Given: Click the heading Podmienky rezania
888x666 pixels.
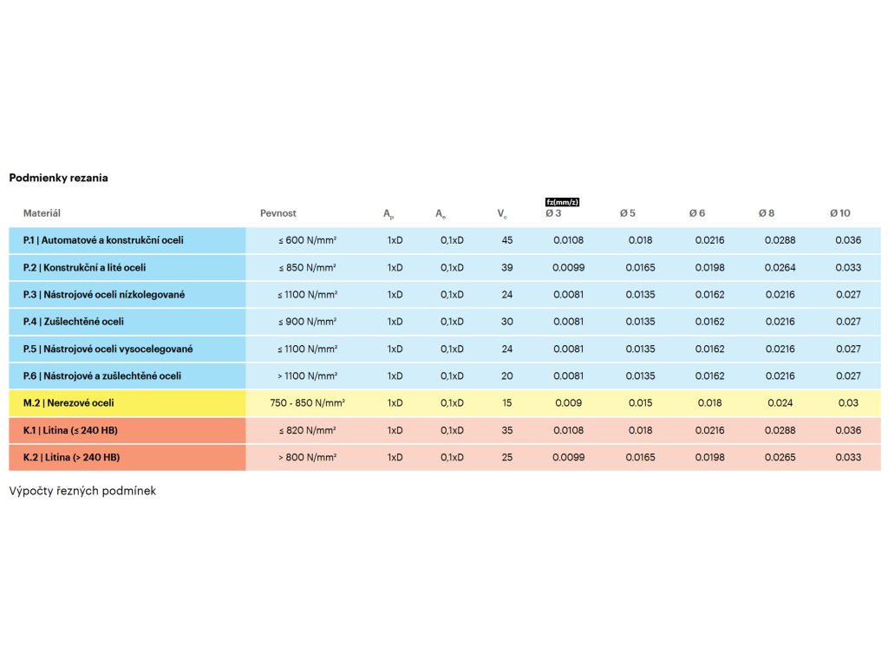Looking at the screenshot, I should click(x=58, y=178).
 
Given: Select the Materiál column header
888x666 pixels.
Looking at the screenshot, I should click(x=42, y=213).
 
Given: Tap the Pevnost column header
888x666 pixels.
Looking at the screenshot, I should click(x=277, y=213).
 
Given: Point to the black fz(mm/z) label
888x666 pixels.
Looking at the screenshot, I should click(x=562, y=202).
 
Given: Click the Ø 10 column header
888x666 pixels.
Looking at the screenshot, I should click(x=839, y=213).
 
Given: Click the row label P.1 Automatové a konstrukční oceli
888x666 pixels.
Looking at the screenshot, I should click(x=103, y=240).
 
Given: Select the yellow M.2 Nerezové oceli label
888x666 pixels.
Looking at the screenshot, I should click(x=69, y=403).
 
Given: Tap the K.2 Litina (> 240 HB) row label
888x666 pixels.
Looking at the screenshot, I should click(x=71, y=457).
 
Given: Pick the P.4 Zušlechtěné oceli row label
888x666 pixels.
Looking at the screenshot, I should click(x=74, y=322).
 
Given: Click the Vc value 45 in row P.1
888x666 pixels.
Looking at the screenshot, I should click(x=507, y=240).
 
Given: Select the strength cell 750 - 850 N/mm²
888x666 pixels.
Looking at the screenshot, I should click(x=301, y=403).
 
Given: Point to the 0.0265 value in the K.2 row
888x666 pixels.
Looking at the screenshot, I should click(x=780, y=457).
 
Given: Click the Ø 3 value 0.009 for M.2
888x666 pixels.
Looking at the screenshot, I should click(x=568, y=403).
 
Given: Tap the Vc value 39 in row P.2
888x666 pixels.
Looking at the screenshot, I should click(x=507, y=268).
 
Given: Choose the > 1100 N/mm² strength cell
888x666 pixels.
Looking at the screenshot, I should click(x=307, y=376).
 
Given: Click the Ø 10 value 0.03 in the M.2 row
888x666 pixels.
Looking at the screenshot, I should click(x=848, y=403).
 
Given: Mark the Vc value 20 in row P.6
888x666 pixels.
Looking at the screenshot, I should click(x=507, y=376).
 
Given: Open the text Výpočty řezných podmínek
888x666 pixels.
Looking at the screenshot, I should click(x=82, y=491).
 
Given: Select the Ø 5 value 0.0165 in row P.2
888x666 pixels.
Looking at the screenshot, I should click(x=640, y=268).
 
